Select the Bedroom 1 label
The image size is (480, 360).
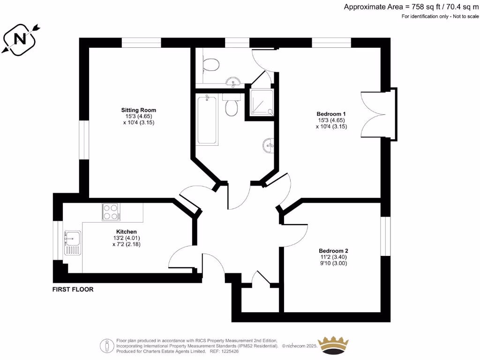(331, 114)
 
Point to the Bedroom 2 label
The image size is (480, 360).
(333, 251)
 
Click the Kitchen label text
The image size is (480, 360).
(127, 232)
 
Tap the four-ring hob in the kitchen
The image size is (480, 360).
(112, 212)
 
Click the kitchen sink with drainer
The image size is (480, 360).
(72, 243)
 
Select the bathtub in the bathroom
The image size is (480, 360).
(207, 120)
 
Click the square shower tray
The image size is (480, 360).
(261, 102)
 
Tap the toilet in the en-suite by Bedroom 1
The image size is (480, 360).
(211, 64)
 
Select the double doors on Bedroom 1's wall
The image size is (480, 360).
(378, 114)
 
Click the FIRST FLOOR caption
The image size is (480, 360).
(73, 289)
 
